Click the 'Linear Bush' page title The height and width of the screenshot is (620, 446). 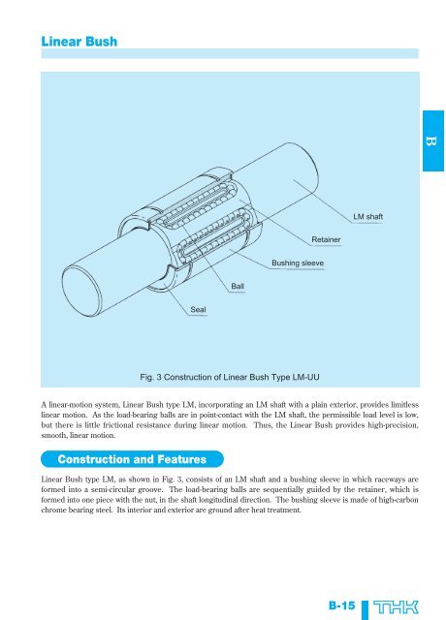point(80,42)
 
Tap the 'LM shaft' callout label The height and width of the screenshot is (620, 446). point(367,217)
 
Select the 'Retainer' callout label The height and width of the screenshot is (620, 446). point(326,239)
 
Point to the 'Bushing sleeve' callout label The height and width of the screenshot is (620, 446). point(298,263)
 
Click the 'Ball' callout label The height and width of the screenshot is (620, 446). point(238,287)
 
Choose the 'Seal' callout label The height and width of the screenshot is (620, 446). point(198,310)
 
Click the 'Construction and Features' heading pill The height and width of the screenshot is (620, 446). point(132,459)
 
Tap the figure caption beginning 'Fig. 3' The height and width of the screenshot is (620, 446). point(230,377)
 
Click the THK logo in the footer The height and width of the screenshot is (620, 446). point(396,607)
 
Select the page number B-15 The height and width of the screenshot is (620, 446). point(341,605)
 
